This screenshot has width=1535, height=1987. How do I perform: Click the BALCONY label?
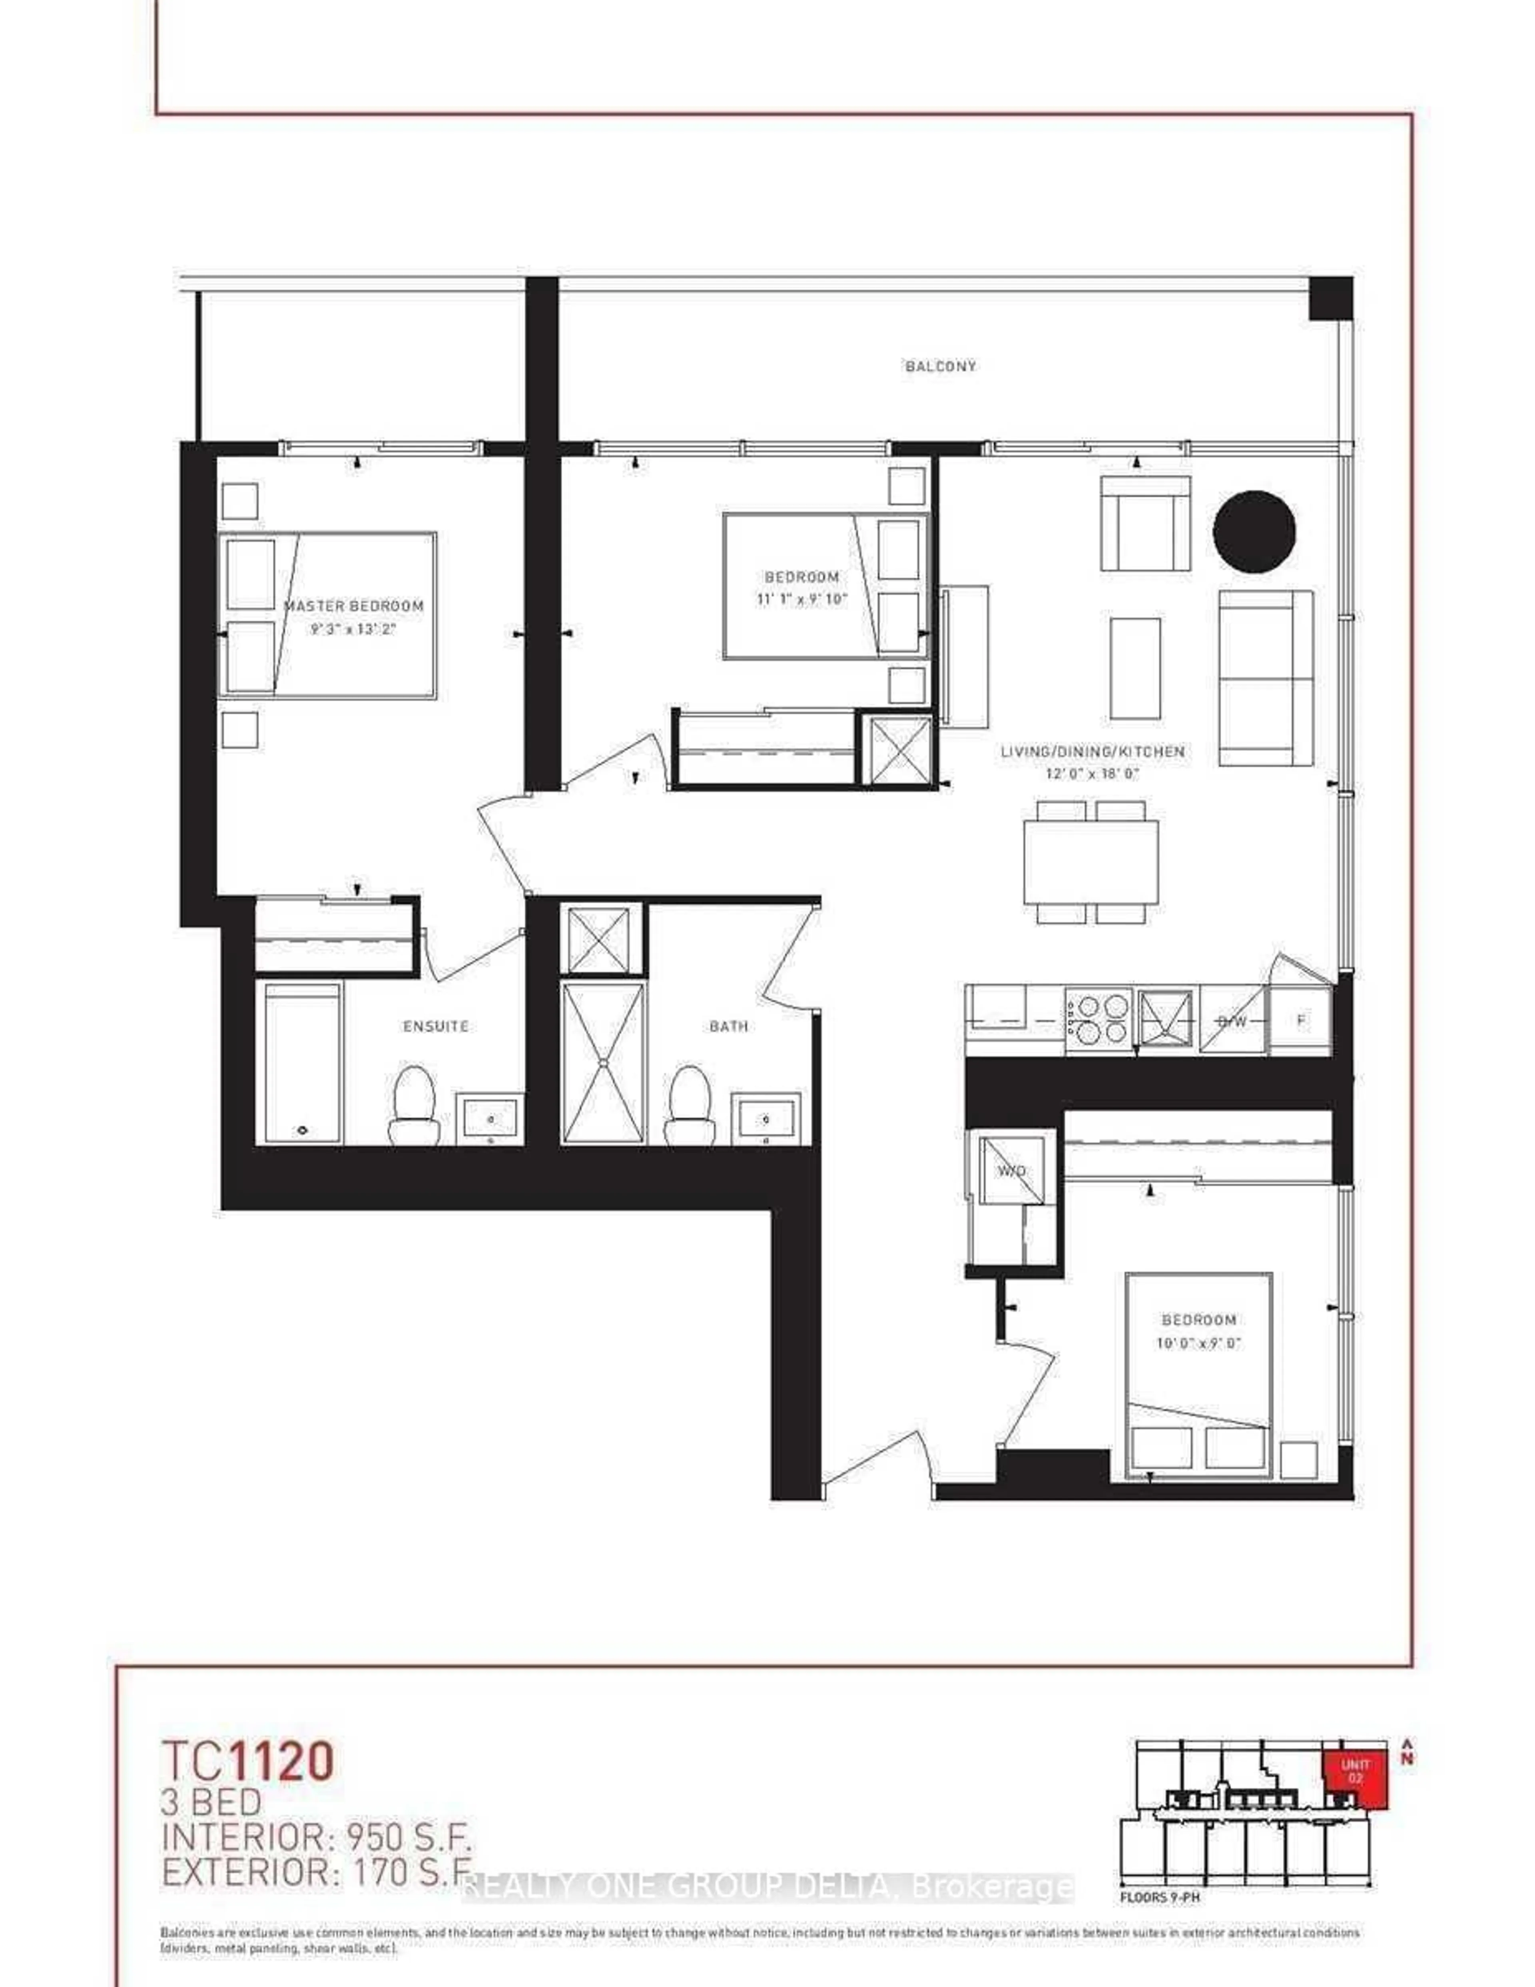click(x=940, y=367)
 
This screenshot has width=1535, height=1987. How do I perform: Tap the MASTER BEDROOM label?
click(x=354, y=606)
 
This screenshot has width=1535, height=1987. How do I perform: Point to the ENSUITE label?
click(x=436, y=1026)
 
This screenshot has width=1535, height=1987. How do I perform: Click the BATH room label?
click(x=729, y=1026)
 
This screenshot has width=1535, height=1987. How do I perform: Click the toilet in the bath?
click(x=689, y=1105)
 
